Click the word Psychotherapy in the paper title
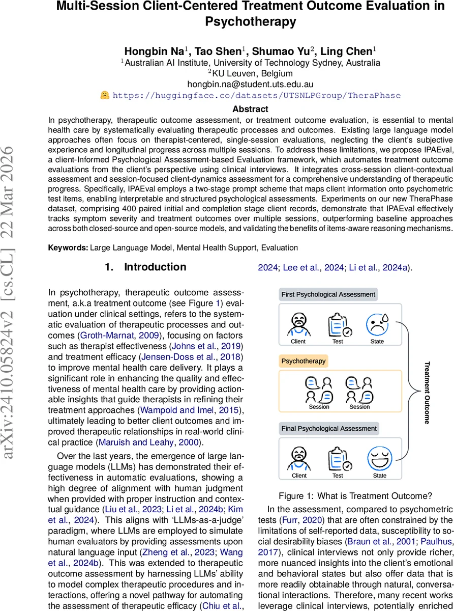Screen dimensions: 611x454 (250, 22)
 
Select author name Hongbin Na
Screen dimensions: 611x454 (157, 51)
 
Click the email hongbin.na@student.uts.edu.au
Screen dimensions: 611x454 (250, 84)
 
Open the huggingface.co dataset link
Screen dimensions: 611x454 (256, 95)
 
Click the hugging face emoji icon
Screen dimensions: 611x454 (104, 95)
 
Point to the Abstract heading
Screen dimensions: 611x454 (250, 109)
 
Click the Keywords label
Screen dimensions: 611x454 (68, 247)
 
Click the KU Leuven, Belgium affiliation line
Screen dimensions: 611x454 (250, 73)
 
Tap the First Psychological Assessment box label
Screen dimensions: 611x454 (328, 294)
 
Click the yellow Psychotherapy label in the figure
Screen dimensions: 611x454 (304, 362)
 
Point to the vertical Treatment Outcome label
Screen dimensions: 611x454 (427, 392)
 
